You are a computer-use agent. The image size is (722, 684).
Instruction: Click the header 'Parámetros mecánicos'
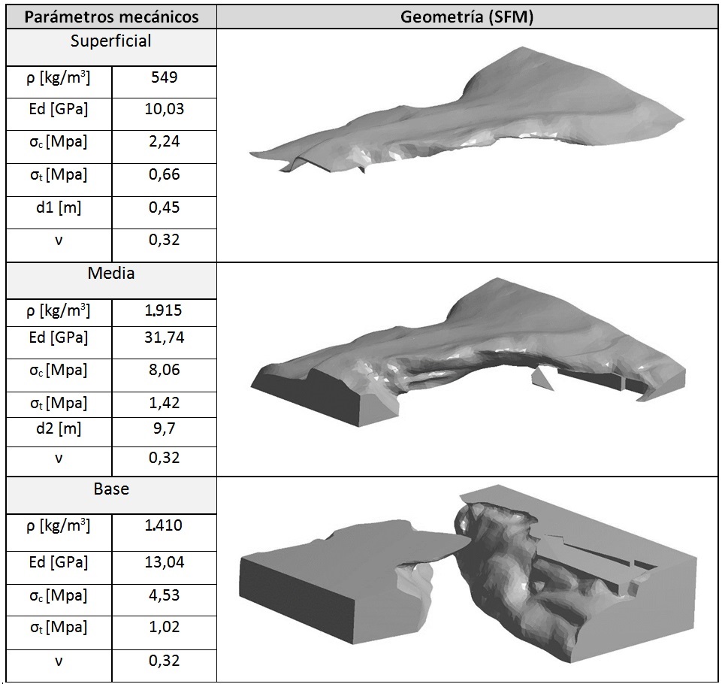click(x=111, y=17)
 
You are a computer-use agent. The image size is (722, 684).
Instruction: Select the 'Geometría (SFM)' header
click(x=467, y=17)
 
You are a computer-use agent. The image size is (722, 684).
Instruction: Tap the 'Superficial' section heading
click(x=111, y=41)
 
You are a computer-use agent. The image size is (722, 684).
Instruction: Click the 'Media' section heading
click(x=111, y=273)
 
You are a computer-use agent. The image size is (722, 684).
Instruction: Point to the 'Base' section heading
click(x=111, y=489)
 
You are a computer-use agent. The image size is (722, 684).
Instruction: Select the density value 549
click(x=165, y=77)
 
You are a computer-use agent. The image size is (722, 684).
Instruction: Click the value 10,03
click(x=165, y=109)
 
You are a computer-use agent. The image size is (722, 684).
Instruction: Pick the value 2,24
click(x=165, y=141)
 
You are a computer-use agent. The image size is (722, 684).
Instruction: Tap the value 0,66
click(x=165, y=174)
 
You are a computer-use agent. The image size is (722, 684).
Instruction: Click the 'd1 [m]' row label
click(x=59, y=207)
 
